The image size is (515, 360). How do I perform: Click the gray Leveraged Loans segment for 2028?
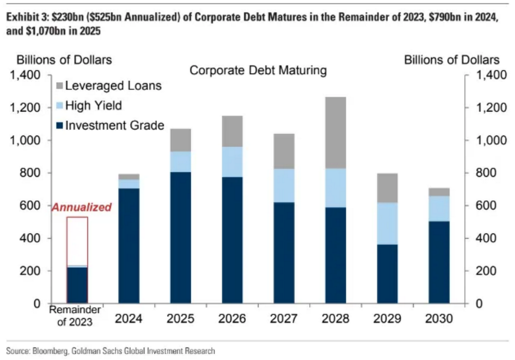tap(335, 132)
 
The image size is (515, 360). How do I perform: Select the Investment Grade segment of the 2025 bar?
tap(181, 237)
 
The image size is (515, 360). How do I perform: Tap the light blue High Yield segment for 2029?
tap(387, 223)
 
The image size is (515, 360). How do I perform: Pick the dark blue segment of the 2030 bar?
tap(438, 262)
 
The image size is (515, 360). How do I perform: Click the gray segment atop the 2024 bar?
tap(129, 176)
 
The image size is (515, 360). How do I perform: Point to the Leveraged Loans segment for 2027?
tap(284, 151)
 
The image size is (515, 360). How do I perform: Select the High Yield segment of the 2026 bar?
tap(232, 162)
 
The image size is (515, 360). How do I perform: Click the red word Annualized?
tap(81, 207)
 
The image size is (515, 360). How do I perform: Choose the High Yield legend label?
tap(93, 106)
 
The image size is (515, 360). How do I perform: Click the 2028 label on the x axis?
tap(335, 319)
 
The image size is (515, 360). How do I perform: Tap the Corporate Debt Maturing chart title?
tap(259, 70)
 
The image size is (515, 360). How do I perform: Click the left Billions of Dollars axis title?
tap(65, 60)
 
